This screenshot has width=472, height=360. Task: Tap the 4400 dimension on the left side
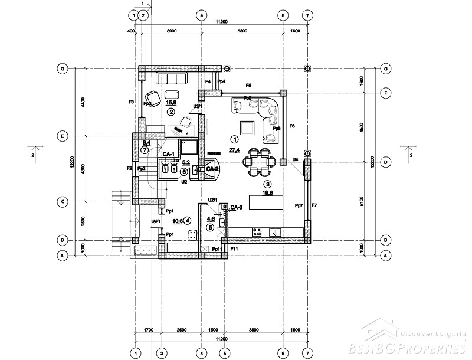point(83,102)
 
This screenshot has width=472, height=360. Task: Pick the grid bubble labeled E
point(61,136)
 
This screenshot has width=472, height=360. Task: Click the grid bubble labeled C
point(61,202)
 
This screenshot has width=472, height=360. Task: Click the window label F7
point(314,205)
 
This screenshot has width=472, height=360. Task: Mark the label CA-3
point(237,208)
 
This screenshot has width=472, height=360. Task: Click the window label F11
point(234,249)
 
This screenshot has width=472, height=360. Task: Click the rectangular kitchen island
point(265,202)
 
